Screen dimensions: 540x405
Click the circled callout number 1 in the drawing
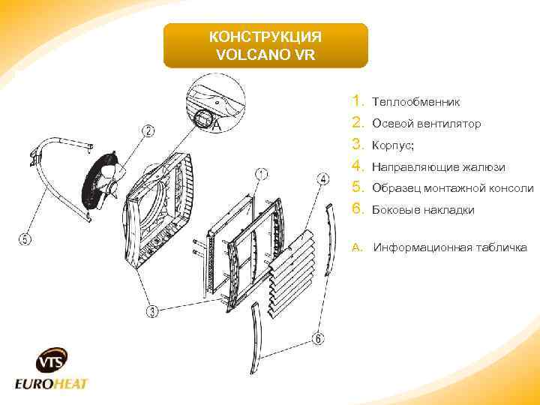click(x=260, y=175)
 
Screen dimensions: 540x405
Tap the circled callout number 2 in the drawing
click(x=149, y=133)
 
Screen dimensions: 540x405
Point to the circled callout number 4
click(x=322, y=179)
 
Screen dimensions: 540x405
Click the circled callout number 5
click(x=25, y=240)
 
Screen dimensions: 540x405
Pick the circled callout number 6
click(x=318, y=339)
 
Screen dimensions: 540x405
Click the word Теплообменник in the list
click(x=416, y=102)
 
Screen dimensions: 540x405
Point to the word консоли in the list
click(x=510, y=188)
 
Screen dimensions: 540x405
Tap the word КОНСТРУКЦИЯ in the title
click(x=265, y=37)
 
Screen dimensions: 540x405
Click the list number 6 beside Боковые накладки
click(x=357, y=209)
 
